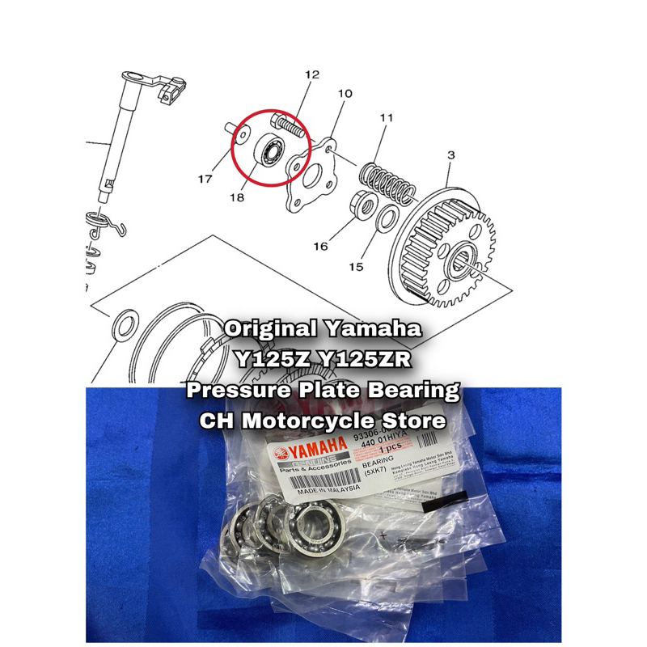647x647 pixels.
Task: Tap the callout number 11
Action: (x=386, y=119)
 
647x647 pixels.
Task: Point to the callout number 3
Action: (x=450, y=154)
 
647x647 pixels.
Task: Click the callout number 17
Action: (x=206, y=177)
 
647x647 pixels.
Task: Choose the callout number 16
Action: (x=321, y=245)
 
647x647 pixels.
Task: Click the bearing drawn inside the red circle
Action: (x=271, y=150)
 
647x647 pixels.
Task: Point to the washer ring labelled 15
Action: (x=387, y=217)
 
